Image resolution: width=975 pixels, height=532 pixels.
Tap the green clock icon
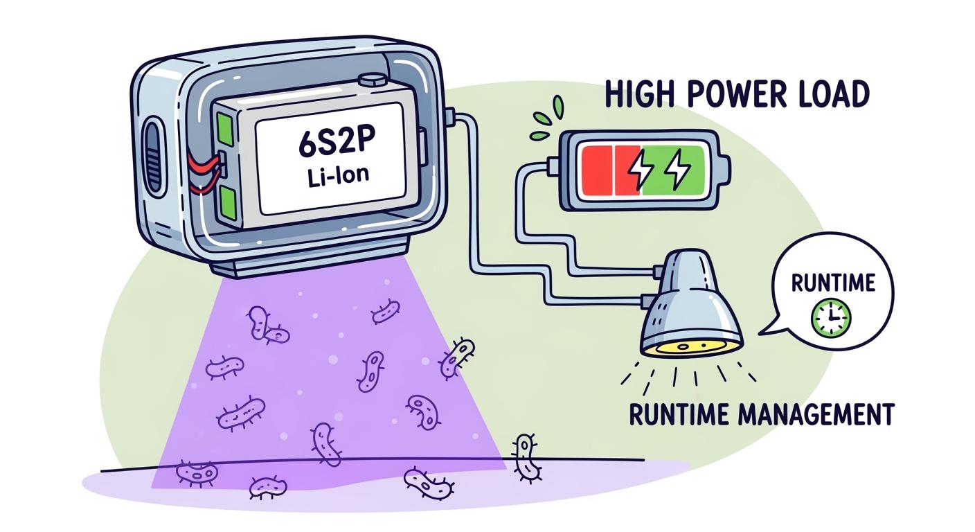point(831,318)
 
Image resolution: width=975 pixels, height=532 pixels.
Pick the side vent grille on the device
point(151,156)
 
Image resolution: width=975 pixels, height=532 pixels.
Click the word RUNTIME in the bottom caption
point(681,414)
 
